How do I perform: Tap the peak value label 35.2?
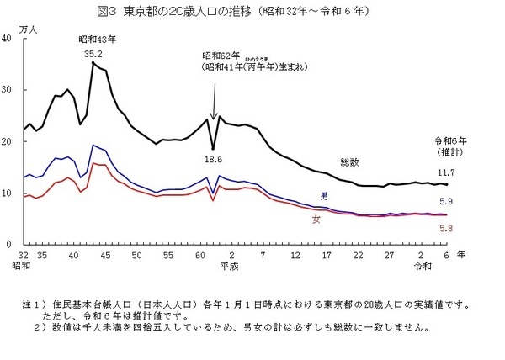(x=93, y=53)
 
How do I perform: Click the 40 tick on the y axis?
(x=8, y=40)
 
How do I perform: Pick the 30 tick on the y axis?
(x=8, y=91)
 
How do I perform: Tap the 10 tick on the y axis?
(x=8, y=193)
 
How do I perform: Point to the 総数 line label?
(x=350, y=161)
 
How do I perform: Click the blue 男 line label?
(x=324, y=196)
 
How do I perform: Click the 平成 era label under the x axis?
(x=228, y=266)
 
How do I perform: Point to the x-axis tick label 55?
(x=168, y=254)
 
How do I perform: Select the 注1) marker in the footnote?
(x=39, y=302)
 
